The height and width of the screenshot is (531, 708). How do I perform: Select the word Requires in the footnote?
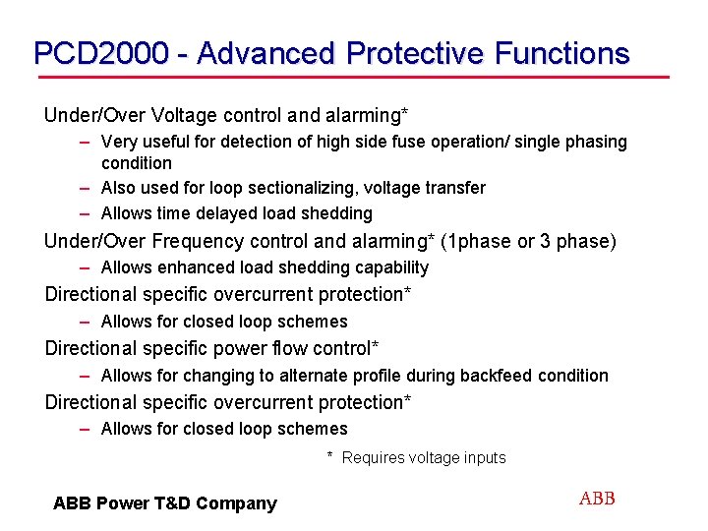point(373,457)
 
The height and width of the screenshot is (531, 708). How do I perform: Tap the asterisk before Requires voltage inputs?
point(330,456)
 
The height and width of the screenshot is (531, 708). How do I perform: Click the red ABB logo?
point(597,499)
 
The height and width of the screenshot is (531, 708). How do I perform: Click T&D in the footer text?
point(172,503)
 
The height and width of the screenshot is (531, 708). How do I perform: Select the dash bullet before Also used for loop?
point(87,188)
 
